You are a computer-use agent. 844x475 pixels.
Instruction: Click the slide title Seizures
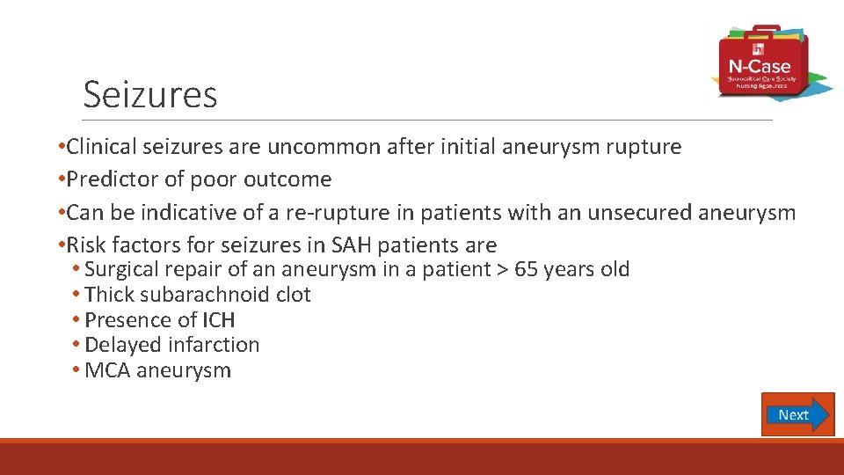pos(149,94)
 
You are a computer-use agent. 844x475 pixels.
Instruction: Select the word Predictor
pos(113,179)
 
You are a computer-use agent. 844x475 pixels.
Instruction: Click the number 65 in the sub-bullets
pos(527,269)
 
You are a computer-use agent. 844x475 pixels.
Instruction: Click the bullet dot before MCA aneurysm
pos(77,370)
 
